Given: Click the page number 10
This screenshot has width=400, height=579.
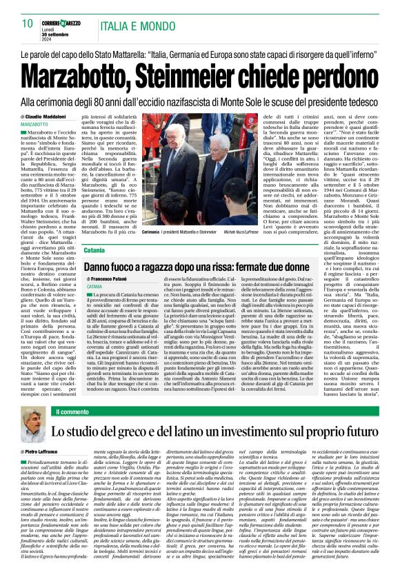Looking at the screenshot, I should point(27,23).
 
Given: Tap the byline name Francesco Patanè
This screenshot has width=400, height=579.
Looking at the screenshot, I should point(112,278).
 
